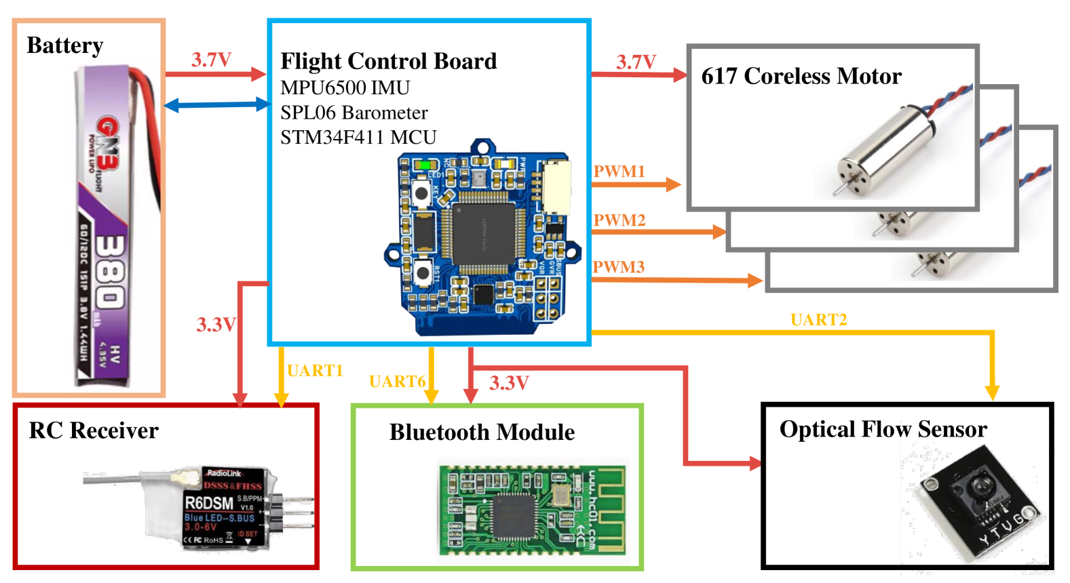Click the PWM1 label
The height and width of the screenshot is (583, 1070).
619,172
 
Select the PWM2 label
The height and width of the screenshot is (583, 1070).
619,220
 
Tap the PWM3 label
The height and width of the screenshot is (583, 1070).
618,267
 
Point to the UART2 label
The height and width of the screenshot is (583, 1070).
818,320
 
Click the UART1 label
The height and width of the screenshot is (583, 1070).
315,371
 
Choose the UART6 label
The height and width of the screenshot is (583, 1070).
397,382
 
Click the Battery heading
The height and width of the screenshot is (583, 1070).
65,45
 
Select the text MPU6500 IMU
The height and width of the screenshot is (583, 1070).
345,88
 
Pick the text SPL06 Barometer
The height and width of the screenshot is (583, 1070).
354,113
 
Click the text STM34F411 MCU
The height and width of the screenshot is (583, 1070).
358,138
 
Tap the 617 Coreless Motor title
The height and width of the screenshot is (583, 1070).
801,76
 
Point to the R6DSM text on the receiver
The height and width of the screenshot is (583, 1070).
209,503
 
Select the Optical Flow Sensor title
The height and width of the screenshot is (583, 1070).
883,429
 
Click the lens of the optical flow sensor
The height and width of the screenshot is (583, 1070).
982,485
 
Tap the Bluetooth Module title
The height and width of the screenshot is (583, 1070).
482,433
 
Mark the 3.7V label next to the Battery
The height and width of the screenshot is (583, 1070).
211,60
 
